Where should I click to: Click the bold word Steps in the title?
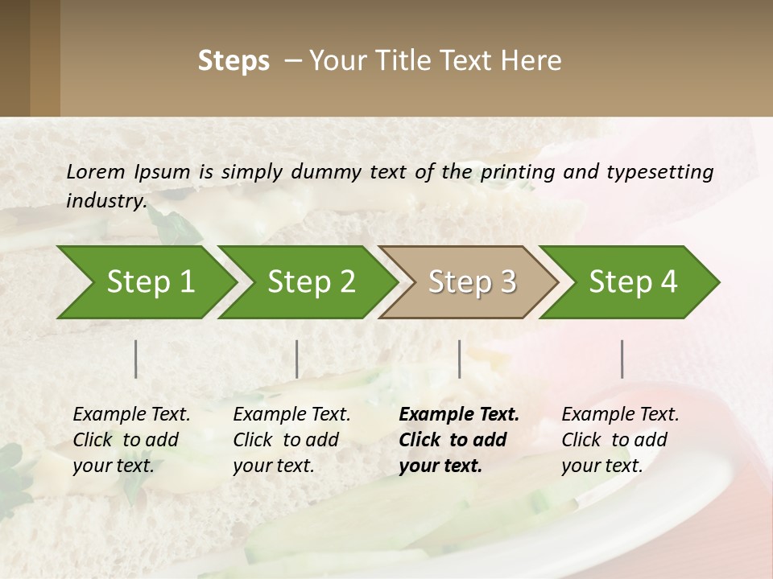click(234, 61)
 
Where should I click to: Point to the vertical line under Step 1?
click(135, 359)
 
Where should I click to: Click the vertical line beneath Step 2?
click(297, 359)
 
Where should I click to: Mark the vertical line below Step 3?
click(459, 359)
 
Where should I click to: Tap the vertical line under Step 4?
click(622, 359)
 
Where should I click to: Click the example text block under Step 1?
click(131, 440)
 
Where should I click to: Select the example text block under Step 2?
click(291, 440)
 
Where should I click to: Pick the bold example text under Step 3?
click(459, 440)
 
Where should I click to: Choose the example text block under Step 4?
click(620, 440)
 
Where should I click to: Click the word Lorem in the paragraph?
click(95, 171)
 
